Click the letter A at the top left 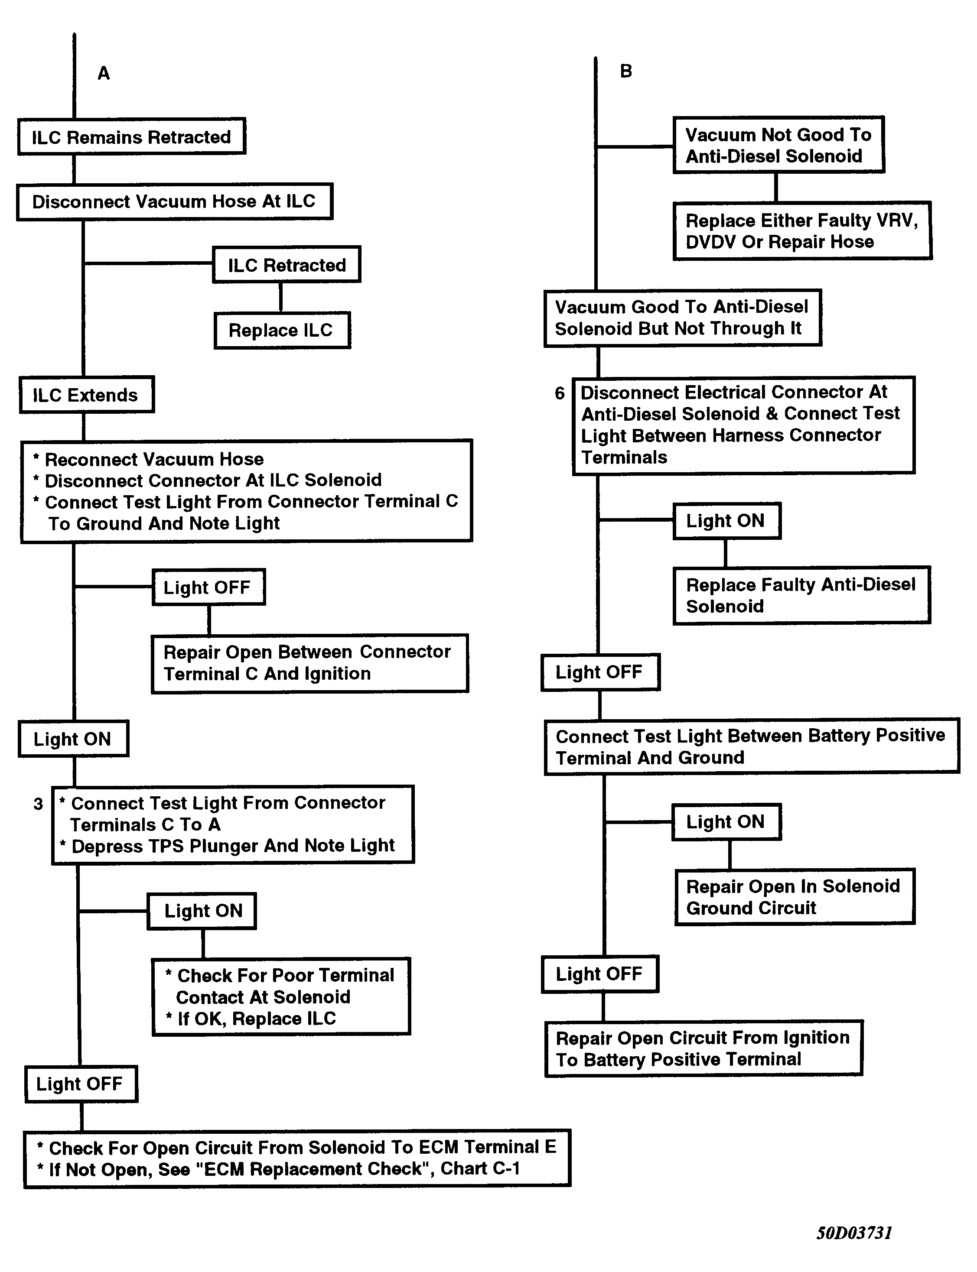click(104, 73)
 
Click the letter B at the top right click(626, 71)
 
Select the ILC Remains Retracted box click(131, 136)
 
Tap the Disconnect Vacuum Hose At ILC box click(174, 202)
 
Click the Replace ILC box click(282, 330)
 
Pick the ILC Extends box click(87, 395)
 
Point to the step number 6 click(560, 393)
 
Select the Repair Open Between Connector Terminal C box click(310, 663)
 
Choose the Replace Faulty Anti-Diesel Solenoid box click(802, 595)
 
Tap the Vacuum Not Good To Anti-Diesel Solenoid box click(778, 145)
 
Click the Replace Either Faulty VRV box click(803, 231)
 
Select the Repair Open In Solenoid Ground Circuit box click(795, 897)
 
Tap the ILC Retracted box click(287, 265)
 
